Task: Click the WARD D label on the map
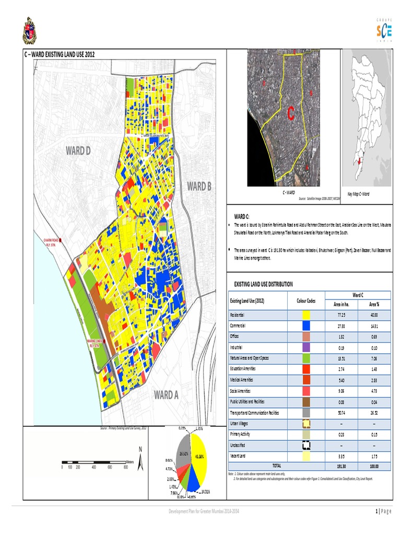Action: pyautogui.click(x=78, y=152)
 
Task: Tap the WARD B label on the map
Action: pyautogui.click(x=199, y=186)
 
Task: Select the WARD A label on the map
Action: pyautogui.click(x=166, y=395)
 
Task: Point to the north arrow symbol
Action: pyautogui.click(x=140, y=454)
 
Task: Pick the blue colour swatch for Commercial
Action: pyautogui.click(x=306, y=325)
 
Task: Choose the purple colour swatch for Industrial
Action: pyautogui.click(x=306, y=347)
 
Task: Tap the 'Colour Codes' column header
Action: pyautogui.click(x=306, y=300)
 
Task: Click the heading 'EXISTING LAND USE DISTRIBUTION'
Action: pyautogui.click(x=264, y=284)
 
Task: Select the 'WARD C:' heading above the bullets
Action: pyautogui.click(x=242, y=216)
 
